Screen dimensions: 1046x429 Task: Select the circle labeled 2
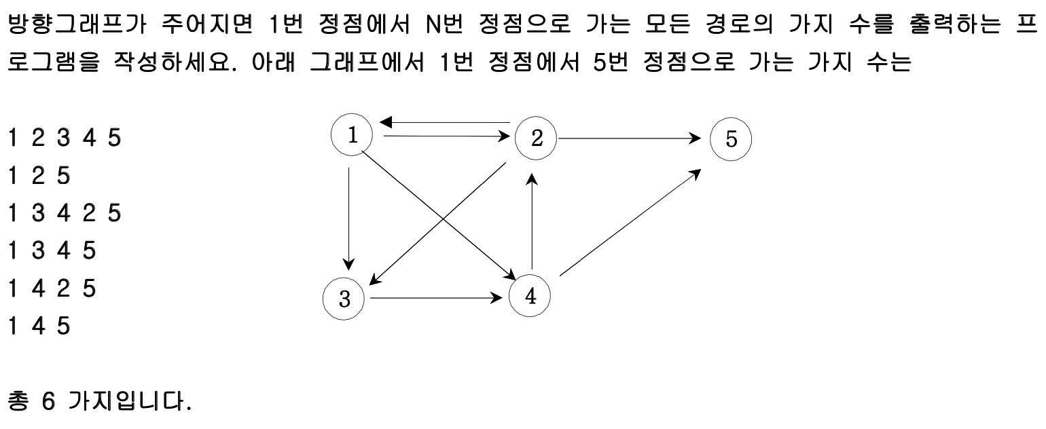coord(536,138)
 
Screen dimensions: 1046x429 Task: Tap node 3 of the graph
coord(344,299)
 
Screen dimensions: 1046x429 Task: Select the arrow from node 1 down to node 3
coord(349,217)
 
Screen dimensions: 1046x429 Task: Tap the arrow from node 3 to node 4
coord(435,297)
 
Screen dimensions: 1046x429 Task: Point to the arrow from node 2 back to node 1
coord(445,123)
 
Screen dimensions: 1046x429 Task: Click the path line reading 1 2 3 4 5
coord(64,138)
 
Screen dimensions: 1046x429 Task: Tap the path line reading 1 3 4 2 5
coord(64,214)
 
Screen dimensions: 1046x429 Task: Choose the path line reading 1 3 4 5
coord(52,252)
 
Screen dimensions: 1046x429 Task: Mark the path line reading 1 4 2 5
coord(52,289)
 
